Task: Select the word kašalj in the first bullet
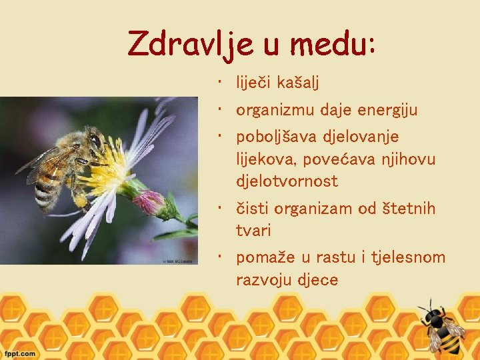[x=296, y=83]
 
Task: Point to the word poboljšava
[x=277, y=137]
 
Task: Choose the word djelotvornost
[x=287, y=181]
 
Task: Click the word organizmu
[x=277, y=111]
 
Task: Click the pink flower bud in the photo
[x=150, y=201]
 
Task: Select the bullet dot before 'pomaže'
[x=219, y=256]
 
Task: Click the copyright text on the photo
[x=178, y=261]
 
